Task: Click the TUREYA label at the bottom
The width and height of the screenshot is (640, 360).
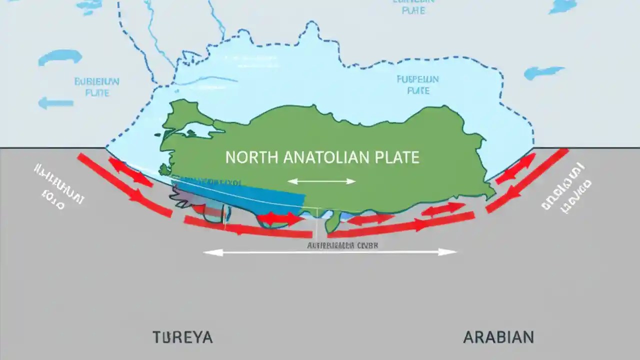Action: click(x=182, y=337)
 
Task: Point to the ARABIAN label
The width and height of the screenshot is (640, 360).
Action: click(x=498, y=337)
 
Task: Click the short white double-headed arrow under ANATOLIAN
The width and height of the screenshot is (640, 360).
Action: click(x=321, y=181)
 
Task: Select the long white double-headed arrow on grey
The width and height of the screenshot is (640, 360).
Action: click(x=330, y=252)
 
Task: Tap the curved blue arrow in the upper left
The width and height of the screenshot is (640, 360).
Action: click(x=60, y=57)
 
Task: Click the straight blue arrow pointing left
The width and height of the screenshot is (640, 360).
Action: click(x=55, y=103)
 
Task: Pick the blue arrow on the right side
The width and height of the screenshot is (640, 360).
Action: click(x=544, y=73)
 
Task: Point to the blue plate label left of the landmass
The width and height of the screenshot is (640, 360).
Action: click(x=96, y=86)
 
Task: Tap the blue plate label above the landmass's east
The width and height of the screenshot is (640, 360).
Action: click(x=417, y=84)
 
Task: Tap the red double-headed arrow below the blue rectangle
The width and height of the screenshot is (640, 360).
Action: click(x=279, y=218)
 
